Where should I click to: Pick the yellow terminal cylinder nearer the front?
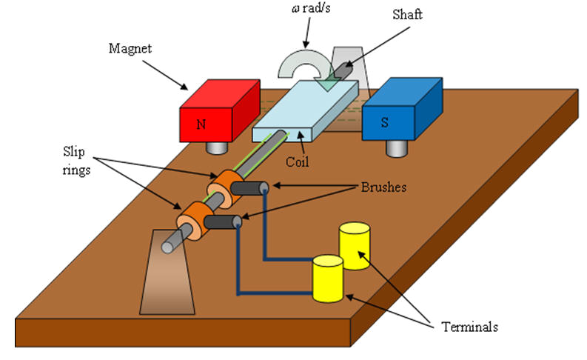point(327,278)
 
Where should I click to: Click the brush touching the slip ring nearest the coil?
point(248,189)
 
